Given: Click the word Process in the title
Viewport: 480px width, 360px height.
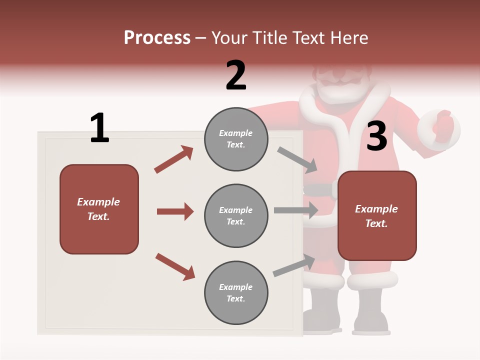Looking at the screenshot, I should (x=157, y=38).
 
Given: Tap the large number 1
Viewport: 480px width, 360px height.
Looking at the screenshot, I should (x=99, y=128).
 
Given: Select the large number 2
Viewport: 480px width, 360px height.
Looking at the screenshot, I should (x=236, y=75).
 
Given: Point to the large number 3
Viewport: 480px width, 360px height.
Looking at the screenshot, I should (x=377, y=136).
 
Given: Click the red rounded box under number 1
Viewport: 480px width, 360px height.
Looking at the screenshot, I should (x=99, y=209).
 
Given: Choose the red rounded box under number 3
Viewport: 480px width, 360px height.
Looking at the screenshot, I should (x=377, y=216).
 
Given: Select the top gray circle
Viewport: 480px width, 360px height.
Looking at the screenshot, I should (x=236, y=139).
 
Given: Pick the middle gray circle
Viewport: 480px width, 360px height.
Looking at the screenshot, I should (x=236, y=216).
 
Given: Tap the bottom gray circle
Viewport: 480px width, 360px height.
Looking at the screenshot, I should (x=236, y=293).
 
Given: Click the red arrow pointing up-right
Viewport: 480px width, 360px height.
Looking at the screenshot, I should (x=174, y=159).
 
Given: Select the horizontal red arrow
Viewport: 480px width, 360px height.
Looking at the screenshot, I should (x=175, y=211).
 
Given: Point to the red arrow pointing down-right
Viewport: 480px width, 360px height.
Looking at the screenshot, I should (x=175, y=266).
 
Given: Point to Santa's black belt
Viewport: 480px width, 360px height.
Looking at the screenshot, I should (x=320, y=190).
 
